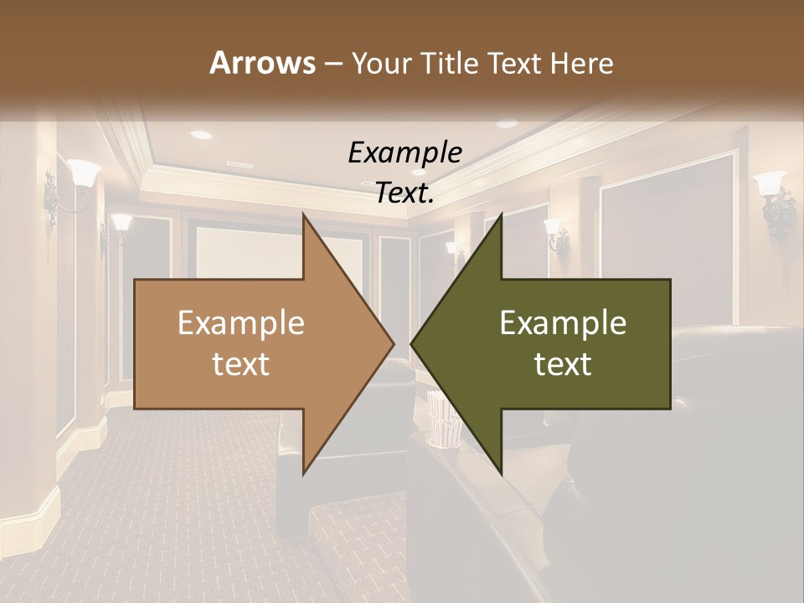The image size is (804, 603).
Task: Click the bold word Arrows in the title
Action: point(262,63)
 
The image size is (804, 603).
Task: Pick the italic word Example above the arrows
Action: point(405,152)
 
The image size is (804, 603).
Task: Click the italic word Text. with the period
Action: point(405,193)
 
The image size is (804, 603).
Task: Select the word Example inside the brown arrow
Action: point(240,322)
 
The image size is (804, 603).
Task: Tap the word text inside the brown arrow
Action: point(240,364)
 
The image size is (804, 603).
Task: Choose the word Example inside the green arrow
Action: point(563,322)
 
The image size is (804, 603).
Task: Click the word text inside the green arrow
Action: point(563,364)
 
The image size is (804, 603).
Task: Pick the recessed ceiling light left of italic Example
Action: point(201,134)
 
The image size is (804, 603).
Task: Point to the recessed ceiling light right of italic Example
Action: point(507,124)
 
